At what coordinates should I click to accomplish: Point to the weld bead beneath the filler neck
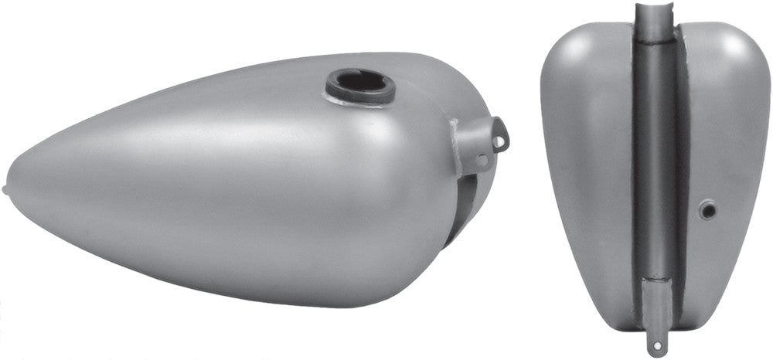[x=361, y=100]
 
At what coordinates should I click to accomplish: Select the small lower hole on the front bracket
[x=483, y=161]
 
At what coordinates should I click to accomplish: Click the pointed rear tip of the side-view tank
[x=6, y=188]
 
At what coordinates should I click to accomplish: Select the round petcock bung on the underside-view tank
[x=706, y=209]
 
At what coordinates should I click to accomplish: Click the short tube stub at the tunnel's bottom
[x=656, y=309]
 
